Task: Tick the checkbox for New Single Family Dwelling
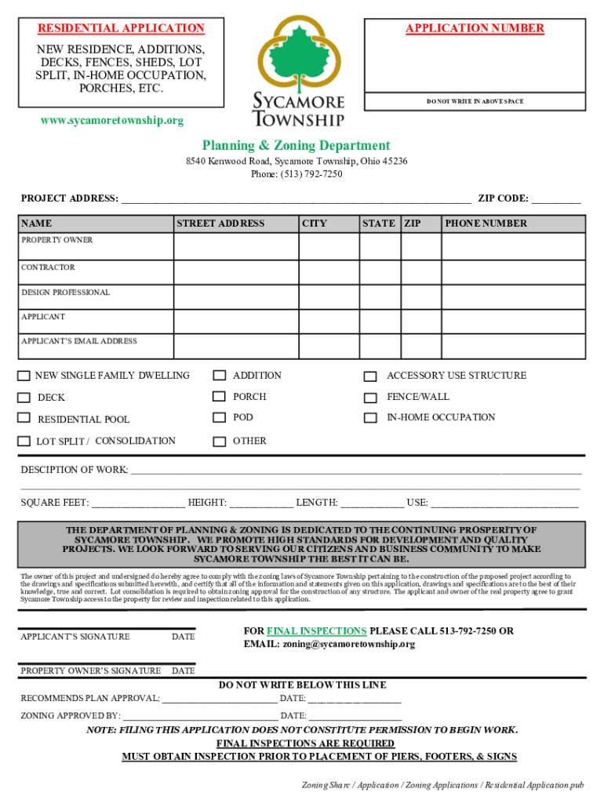coord(24,376)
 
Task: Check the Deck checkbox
coord(24,398)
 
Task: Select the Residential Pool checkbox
coord(24,418)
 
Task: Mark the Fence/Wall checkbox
coord(371,398)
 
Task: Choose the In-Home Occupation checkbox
coord(371,418)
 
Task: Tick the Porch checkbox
coord(220,398)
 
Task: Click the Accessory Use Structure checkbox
coord(371,376)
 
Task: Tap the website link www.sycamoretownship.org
coord(112,121)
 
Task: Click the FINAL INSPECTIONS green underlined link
coord(316,631)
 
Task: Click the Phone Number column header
coord(486,223)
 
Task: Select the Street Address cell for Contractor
coord(235,272)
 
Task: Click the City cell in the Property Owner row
coord(328,247)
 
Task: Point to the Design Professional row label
coord(65,292)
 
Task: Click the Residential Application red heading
coord(122,28)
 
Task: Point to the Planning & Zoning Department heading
coord(296,145)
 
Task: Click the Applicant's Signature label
coord(75,637)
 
